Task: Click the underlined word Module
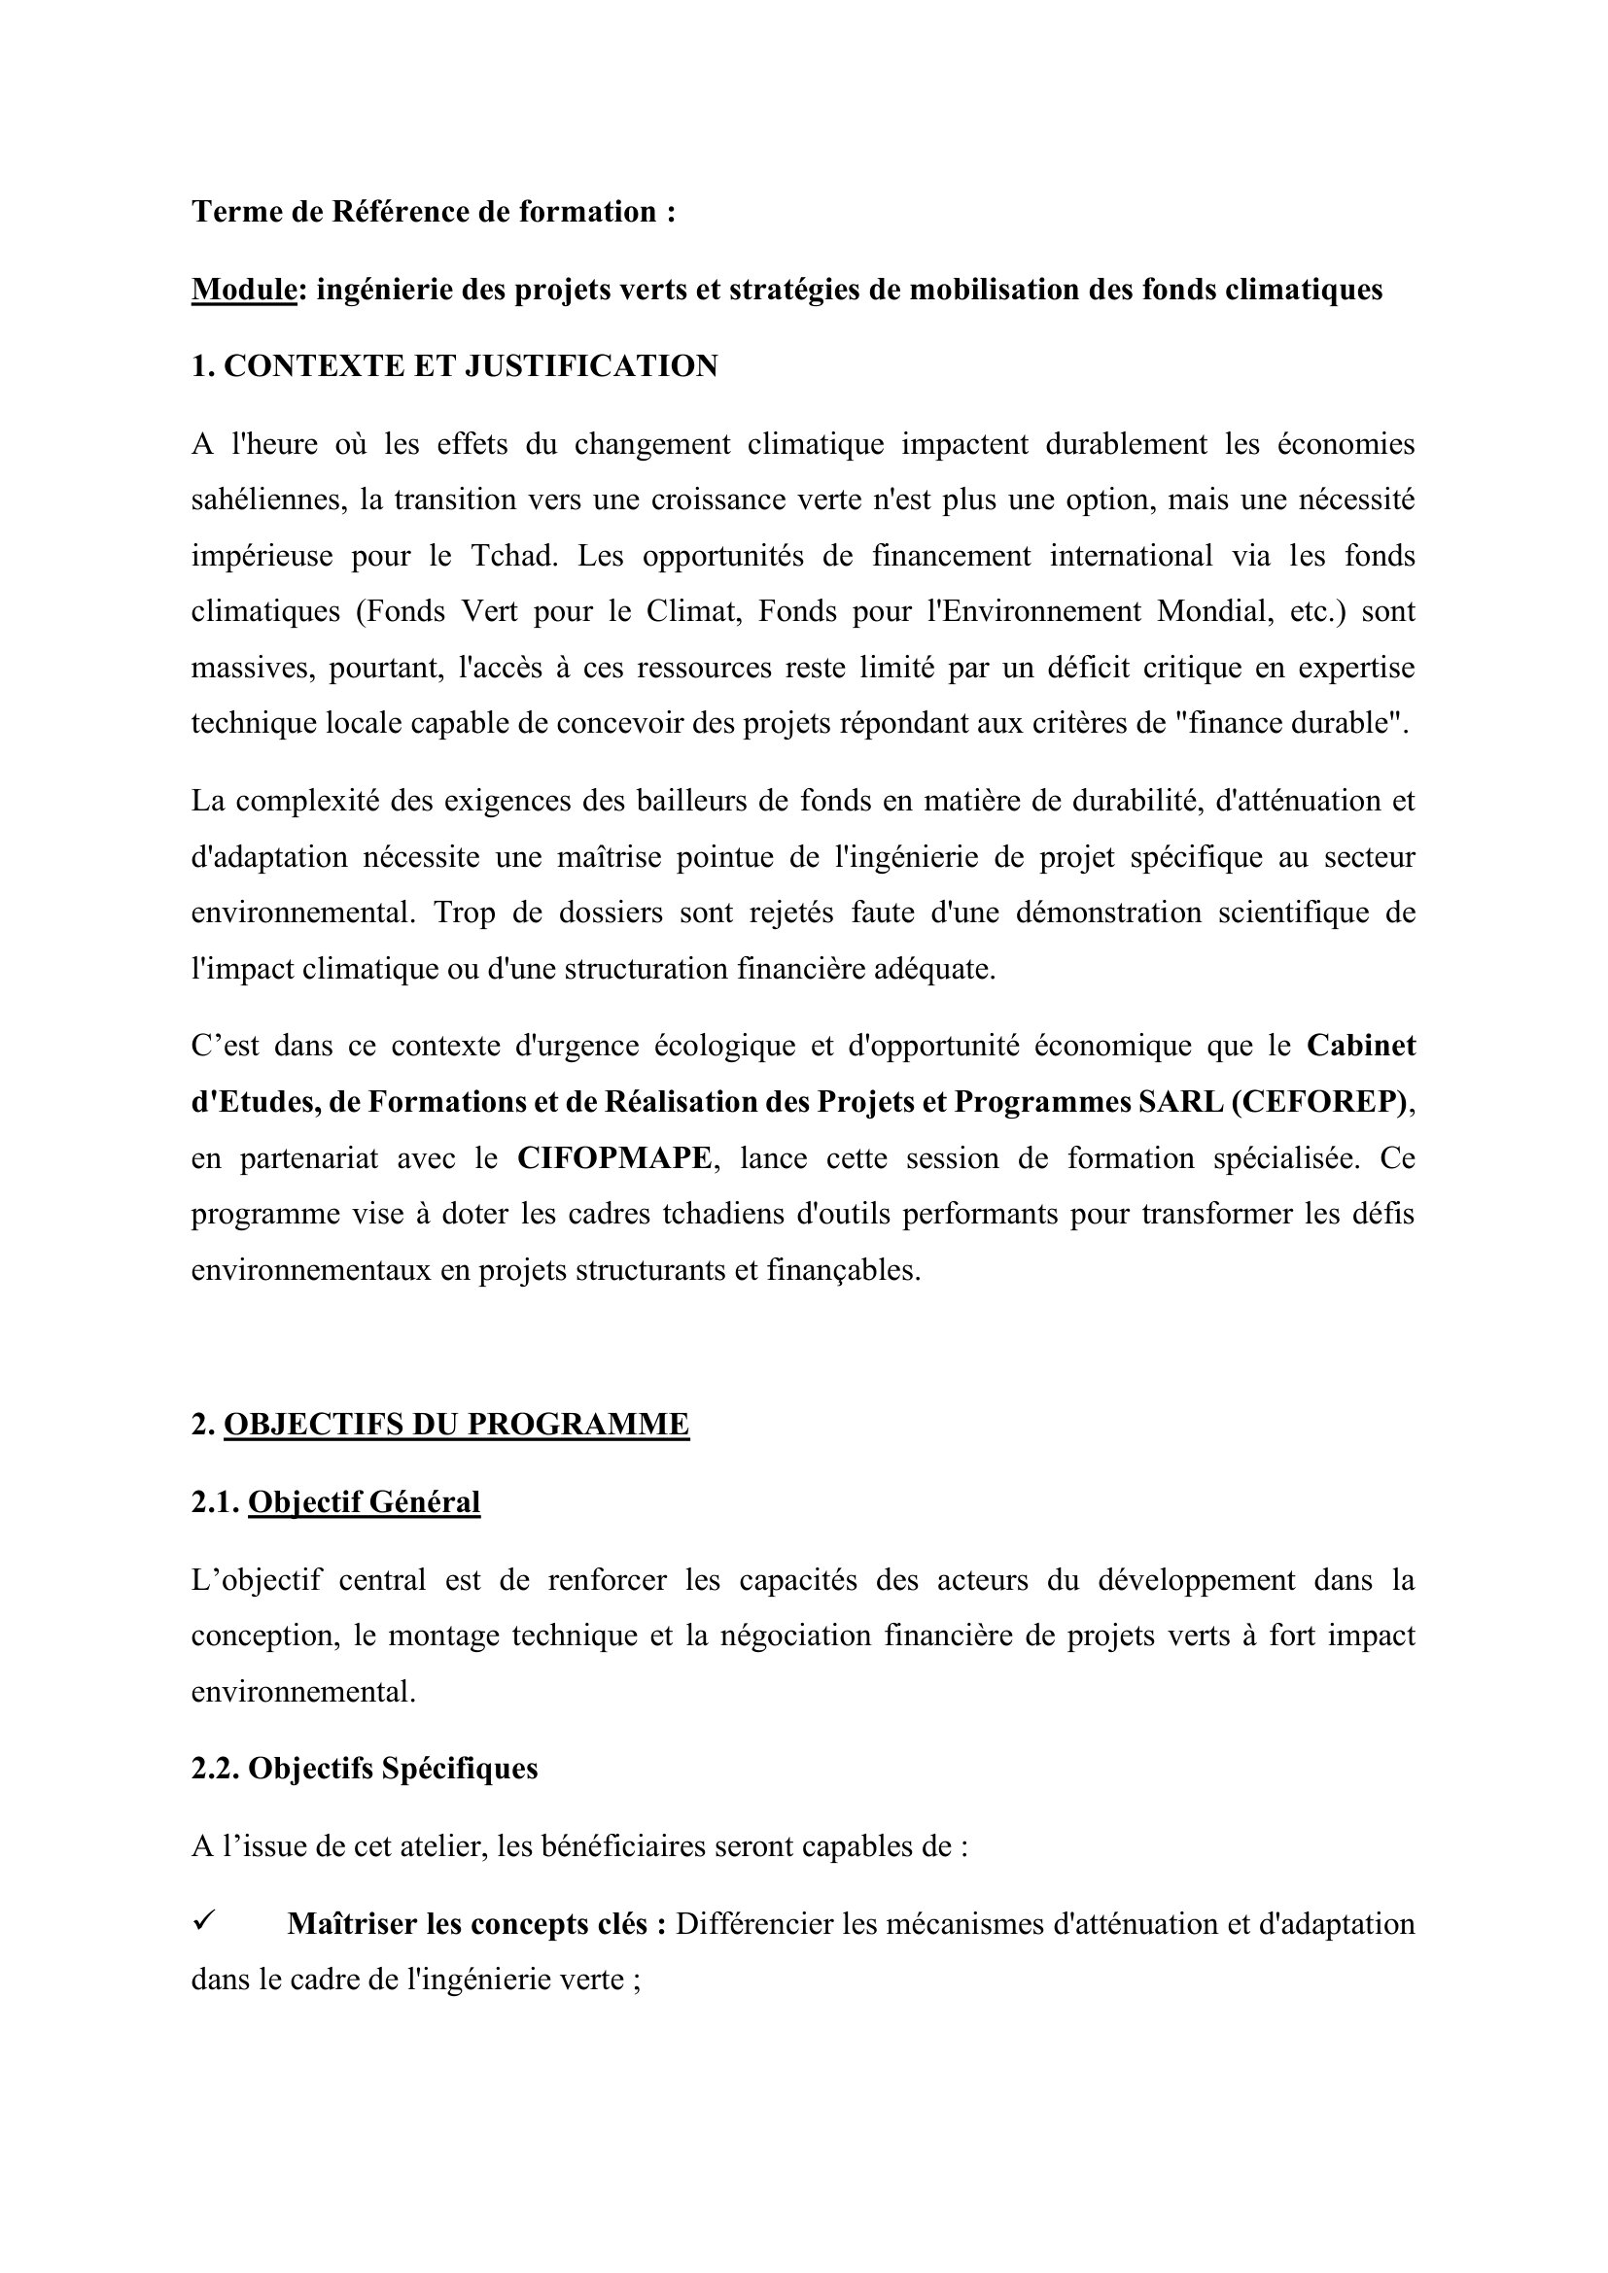pyautogui.click(x=244, y=290)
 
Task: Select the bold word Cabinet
pyautogui.click(x=1360, y=1047)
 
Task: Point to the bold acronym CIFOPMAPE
pyautogui.click(x=613, y=1158)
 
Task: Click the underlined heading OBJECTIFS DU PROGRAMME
pyautogui.click(x=457, y=1425)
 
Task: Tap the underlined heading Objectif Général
pyautogui.click(x=364, y=1501)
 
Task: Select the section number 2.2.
pyautogui.click(x=215, y=1769)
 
